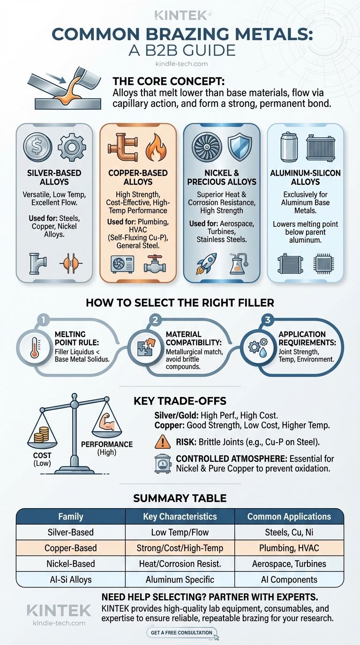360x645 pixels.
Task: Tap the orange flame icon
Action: click(x=156, y=147)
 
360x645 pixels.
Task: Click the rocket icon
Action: click(x=206, y=263)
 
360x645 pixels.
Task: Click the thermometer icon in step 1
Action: click(x=35, y=347)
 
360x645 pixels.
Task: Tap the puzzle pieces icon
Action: click(x=146, y=347)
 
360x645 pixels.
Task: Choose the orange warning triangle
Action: click(x=163, y=442)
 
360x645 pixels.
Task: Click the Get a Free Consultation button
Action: click(x=181, y=633)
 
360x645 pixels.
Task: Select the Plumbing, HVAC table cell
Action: click(x=289, y=547)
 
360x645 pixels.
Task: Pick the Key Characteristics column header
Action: click(x=180, y=516)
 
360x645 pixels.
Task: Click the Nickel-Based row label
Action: click(x=71, y=563)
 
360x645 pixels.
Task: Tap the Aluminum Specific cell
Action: click(x=180, y=579)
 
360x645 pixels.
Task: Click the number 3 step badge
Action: click(x=267, y=320)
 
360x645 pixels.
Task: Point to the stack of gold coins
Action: click(x=41, y=435)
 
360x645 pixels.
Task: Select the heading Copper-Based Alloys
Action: click(x=138, y=177)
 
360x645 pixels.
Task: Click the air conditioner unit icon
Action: click(x=122, y=264)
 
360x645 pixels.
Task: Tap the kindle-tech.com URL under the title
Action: click(x=181, y=64)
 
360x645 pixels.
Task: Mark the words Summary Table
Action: click(x=180, y=498)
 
